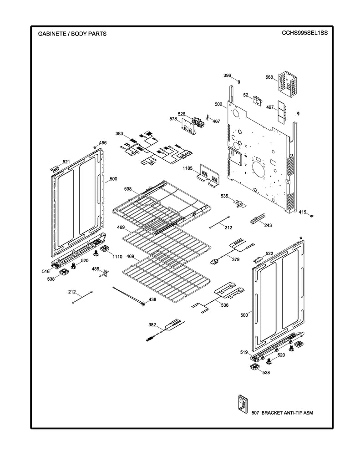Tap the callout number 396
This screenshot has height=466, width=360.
pyautogui.click(x=227, y=75)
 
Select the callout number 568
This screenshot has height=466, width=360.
pyautogui.click(x=269, y=77)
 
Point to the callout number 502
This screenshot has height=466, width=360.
pyautogui.click(x=218, y=104)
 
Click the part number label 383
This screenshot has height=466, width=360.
pyautogui.click(x=119, y=134)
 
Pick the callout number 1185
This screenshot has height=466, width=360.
pyautogui.click(x=188, y=168)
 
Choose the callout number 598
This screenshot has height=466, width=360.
pyautogui.click(x=128, y=189)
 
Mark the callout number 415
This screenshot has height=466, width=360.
pyautogui.click(x=303, y=212)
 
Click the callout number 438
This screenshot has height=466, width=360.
pyautogui.click(x=152, y=299)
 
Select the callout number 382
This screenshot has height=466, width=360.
pyautogui.click(x=152, y=324)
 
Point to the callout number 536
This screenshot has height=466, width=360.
pyautogui.click(x=224, y=305)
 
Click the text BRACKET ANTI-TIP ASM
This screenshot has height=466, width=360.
pyautogui.click(x=287, y=412)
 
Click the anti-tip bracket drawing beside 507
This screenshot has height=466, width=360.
pyautogui.click(x=241, y=404)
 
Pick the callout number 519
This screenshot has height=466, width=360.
pyautogui.click(x=244, y=352)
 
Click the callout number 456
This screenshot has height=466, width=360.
pyautogui.click(x=103, y=143)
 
